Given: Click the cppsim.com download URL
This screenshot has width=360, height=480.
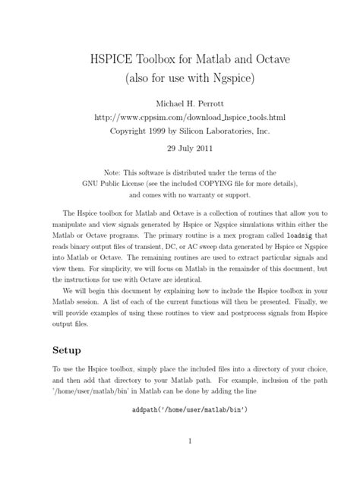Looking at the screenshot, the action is [x=180, y=117].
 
